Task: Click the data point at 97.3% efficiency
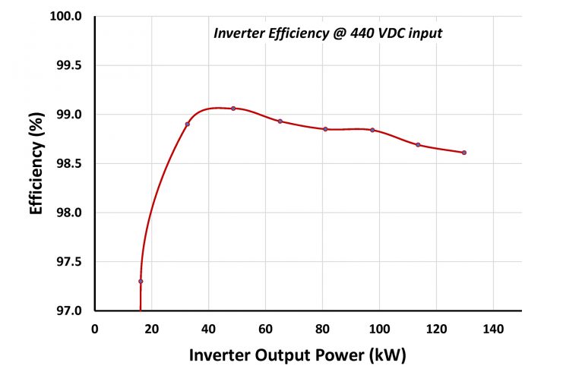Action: [x=141, y=281]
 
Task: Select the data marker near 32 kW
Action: [x=187, y=124]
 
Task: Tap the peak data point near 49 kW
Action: [x=233, y=109]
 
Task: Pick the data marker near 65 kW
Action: [x=280, y=121]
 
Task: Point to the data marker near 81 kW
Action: [x=325, y=129]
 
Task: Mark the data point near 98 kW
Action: [x=372, y=130]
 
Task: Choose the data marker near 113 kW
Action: [x=418, y=144]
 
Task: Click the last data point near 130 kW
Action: [x=464, y=153]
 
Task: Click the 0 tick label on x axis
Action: [x=95, y=329]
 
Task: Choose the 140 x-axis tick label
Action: [x=494, y=329]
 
